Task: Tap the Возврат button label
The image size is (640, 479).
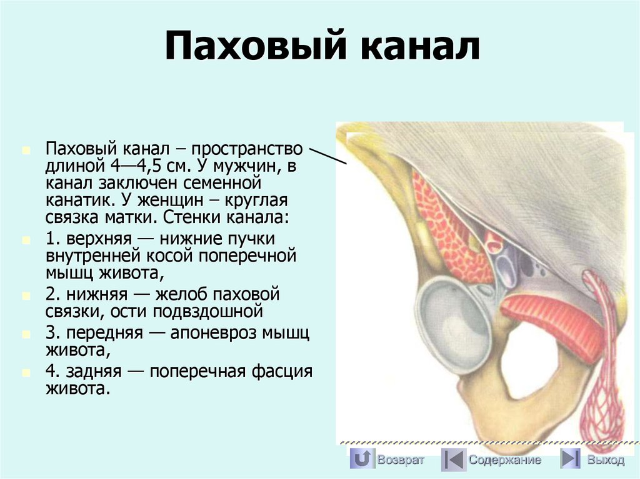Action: pos(401,460)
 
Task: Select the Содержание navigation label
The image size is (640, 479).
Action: pos(504,460)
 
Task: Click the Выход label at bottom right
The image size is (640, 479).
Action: pos(605,460)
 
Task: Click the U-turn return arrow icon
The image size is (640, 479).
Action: pos(362,460)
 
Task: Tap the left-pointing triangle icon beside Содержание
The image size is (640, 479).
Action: pos(452,460)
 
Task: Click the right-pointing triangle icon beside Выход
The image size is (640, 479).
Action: pos(569,460)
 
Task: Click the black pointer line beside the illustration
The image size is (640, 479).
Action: pos(328,156)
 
